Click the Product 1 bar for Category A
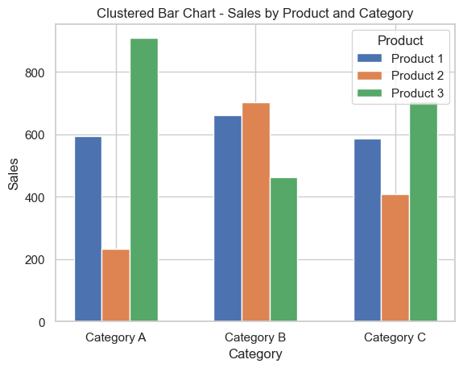point(89,229)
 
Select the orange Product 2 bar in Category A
point(116,285)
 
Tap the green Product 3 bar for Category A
point(144,180)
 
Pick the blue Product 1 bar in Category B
point(228,218)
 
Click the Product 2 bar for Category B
point(256,212)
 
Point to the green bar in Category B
point(283,250)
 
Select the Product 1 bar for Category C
point(368,229)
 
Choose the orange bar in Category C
point(395,258)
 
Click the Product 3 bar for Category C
point(424,212)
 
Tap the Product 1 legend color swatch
point(370,58)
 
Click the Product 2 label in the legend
point(417,76)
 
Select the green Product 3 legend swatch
point(370,93)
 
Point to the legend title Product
point(400,40)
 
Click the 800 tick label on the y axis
point(35,73)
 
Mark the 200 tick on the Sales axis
point(35,260)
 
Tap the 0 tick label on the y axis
point(42,323)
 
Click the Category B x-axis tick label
point(255,337)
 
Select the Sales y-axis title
point(13,174)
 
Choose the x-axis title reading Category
point(255,354)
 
